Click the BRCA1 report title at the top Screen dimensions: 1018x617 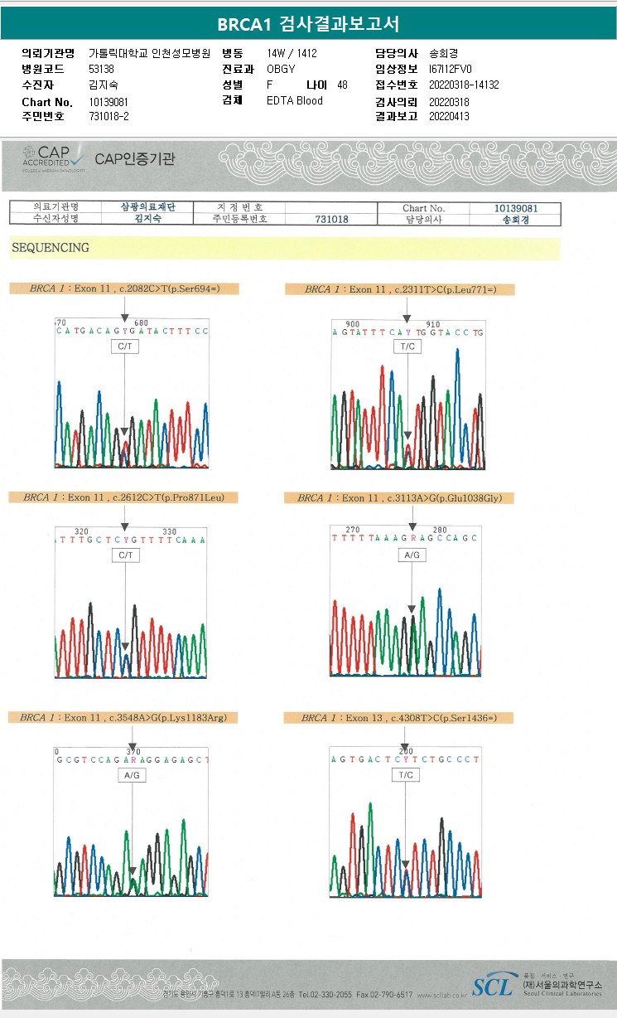308,24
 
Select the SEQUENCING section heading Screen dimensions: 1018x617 50,248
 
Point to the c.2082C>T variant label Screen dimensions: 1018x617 124,288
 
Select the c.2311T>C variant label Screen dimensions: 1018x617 399,289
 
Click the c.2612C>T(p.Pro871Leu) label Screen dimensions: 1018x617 124,497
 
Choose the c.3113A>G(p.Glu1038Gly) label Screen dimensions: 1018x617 399,498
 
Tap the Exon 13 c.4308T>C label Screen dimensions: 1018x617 399,717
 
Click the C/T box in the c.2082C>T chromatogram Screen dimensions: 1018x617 125,347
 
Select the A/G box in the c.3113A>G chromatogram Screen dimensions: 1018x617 412,554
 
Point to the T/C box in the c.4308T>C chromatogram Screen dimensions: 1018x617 406,774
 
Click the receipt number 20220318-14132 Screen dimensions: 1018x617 464,85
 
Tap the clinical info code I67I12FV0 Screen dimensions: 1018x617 451,69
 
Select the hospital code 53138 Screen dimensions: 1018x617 101,69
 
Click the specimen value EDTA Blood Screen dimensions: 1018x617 295,100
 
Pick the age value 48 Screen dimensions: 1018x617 342,85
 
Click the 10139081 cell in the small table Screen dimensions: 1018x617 516,208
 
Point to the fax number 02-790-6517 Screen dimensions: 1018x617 393,994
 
